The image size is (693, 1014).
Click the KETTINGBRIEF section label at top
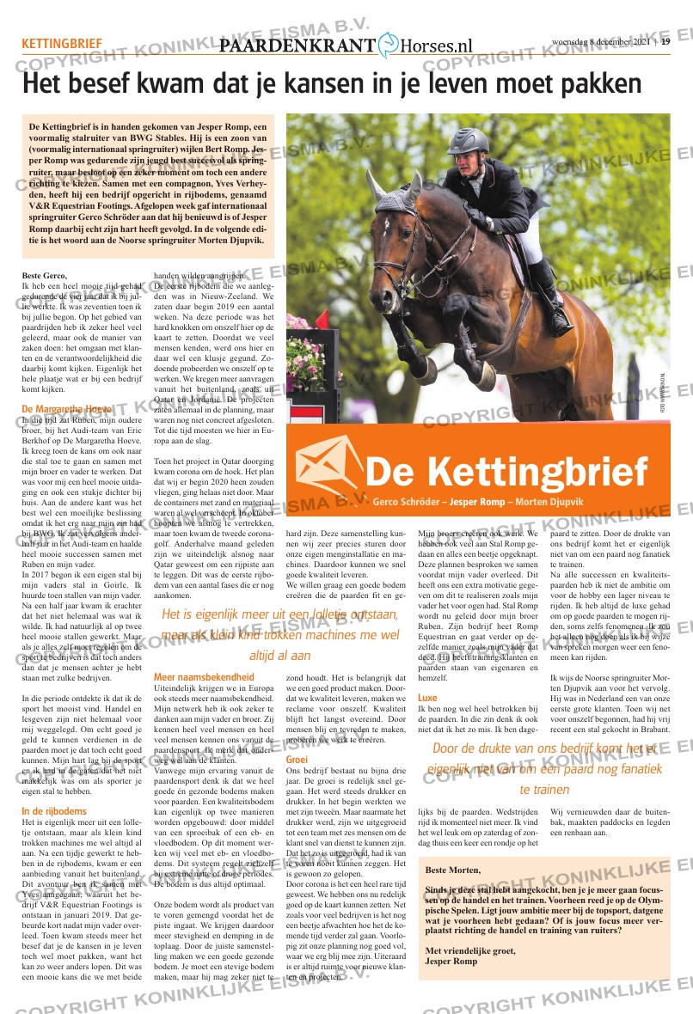(62, 44)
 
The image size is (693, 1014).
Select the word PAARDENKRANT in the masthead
(297, 47)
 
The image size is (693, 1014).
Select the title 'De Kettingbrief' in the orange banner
(506, 471)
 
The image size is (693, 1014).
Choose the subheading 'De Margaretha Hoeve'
(66, 408)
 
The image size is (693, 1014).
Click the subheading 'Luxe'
(427, 698)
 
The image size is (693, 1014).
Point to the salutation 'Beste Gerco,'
(45, 275)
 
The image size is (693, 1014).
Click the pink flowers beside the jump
(302, 344)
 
